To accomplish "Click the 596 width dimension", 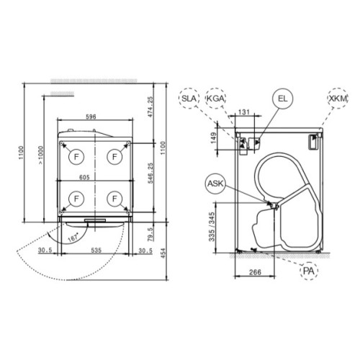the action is pos(91,117).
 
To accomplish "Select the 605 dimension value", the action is pos(84,177).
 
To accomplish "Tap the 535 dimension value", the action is pos(96,251).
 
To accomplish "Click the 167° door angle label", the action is pos(73,238).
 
